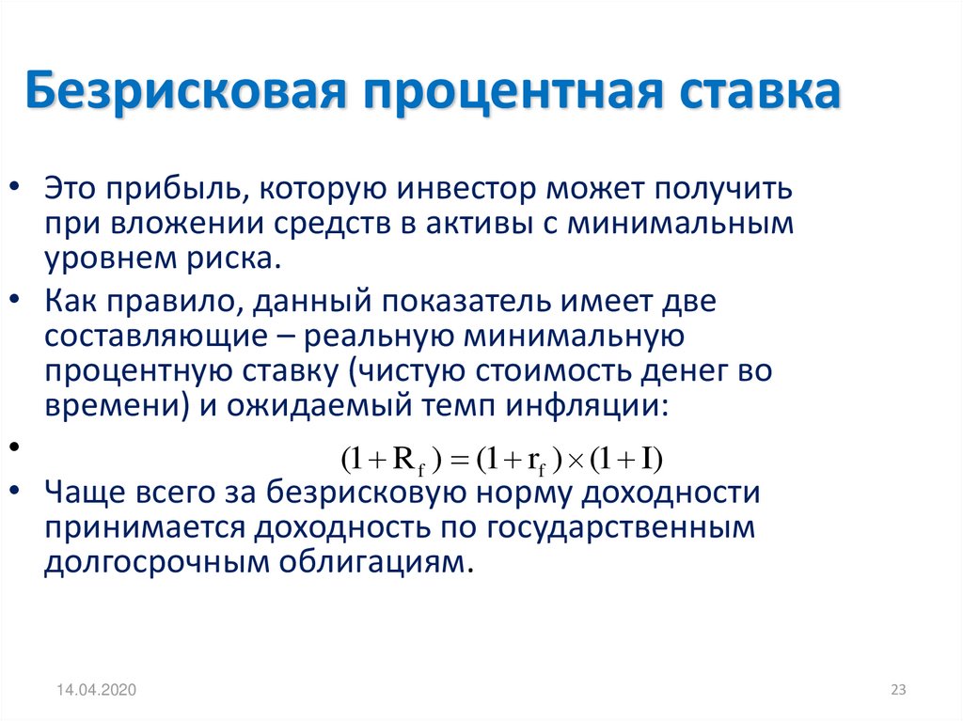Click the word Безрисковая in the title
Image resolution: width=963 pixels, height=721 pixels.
186,92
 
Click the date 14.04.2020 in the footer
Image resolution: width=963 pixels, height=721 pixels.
97,690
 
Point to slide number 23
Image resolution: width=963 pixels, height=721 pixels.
898,690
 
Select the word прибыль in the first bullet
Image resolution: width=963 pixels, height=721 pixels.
175,190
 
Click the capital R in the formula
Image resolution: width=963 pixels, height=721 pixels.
403,459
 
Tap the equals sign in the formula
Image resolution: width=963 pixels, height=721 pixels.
459,461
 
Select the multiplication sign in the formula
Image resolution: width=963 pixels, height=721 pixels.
576,462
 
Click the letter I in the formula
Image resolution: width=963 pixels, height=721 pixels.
647,459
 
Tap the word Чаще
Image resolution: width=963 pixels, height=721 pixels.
82,493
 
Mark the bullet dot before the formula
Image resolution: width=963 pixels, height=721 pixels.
16,446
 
